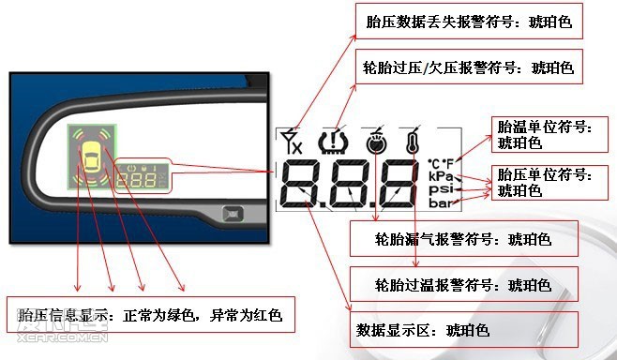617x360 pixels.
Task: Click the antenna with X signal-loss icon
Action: tap(292, 142)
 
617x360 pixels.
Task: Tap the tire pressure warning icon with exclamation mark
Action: tap(334, 142)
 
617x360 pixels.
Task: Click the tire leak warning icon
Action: tap(376, 142)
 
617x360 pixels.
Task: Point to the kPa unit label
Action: tap(441, 176)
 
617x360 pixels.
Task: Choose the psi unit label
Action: tap(441, 189)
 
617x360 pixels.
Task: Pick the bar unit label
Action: tap(441, 203)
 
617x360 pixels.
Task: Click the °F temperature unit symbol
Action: tap(448, 163)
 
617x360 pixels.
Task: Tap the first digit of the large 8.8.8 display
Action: tap(302, 184)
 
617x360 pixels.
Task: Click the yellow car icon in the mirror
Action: tap(91, 157)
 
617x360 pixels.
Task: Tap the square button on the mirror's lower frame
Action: tap(233, 215)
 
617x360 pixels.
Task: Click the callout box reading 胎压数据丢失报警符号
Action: tap(469, 22)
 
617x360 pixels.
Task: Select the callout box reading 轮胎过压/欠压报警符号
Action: tap(469, 67)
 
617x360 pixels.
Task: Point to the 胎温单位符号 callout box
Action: tap(549, 135)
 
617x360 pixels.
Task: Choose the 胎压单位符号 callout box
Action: tap(549, 183)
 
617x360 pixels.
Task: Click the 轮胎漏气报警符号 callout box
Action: tap(464, 239)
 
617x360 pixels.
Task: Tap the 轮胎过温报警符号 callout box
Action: tap(464, 284)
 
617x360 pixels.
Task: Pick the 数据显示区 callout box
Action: tap(464, 330)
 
